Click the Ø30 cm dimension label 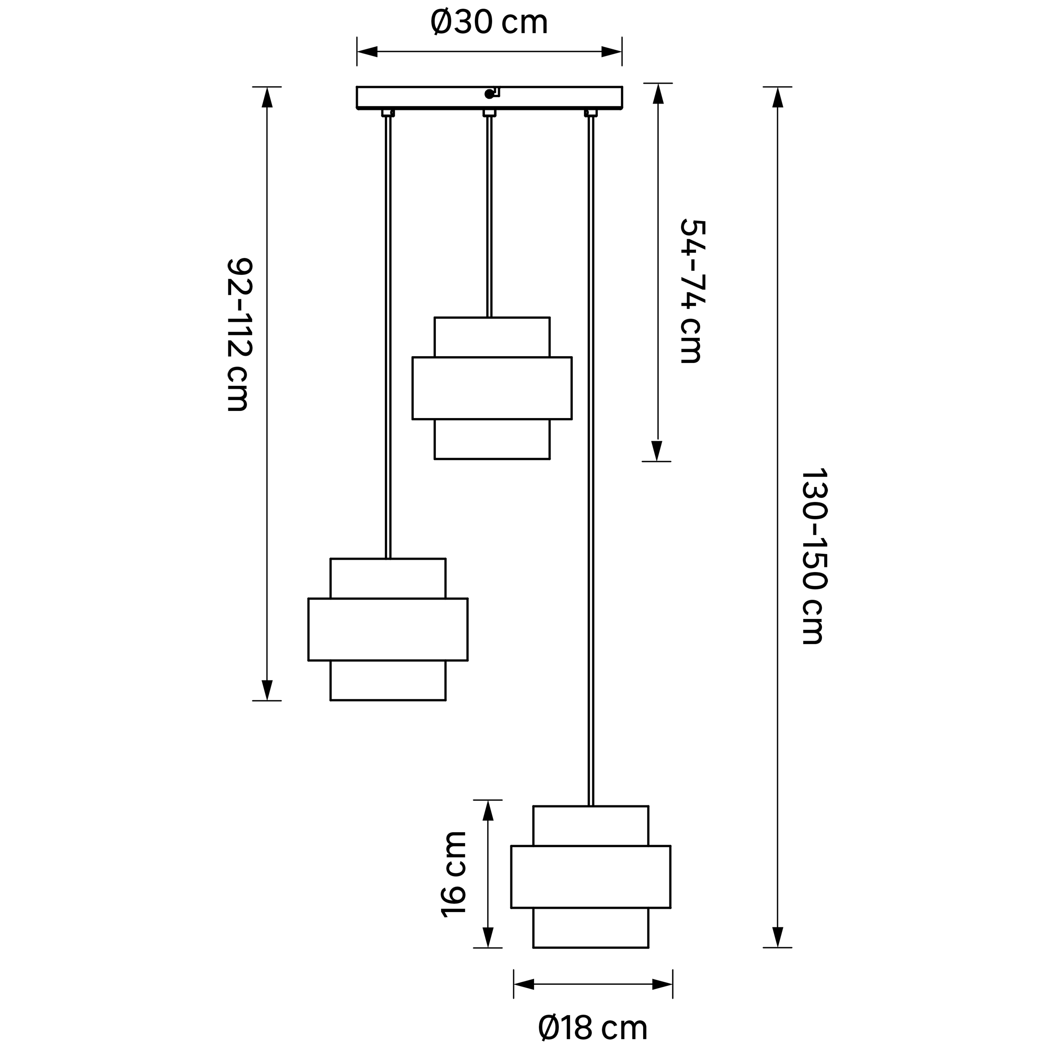[488, 23]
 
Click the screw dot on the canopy [488, 94]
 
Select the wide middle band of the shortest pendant [492, 388]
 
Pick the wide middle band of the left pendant [388, 629]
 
